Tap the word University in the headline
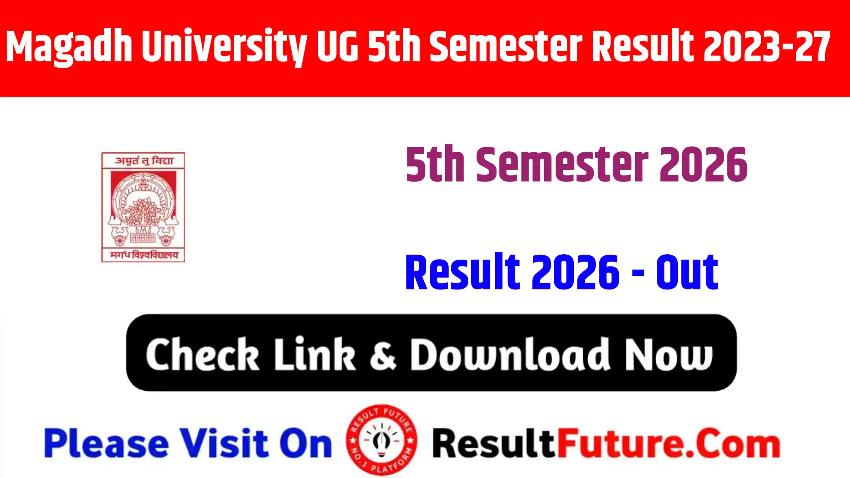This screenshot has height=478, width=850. click(x=224, y=46)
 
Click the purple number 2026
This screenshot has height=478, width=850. click(x=703, y=165)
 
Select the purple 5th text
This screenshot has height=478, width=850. click(x=435, y=165)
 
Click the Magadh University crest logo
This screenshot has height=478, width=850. click(x=143, y=207)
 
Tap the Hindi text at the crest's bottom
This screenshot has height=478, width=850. click(x=144, y=255)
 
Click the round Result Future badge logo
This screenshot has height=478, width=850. click(x=382, y=440)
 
